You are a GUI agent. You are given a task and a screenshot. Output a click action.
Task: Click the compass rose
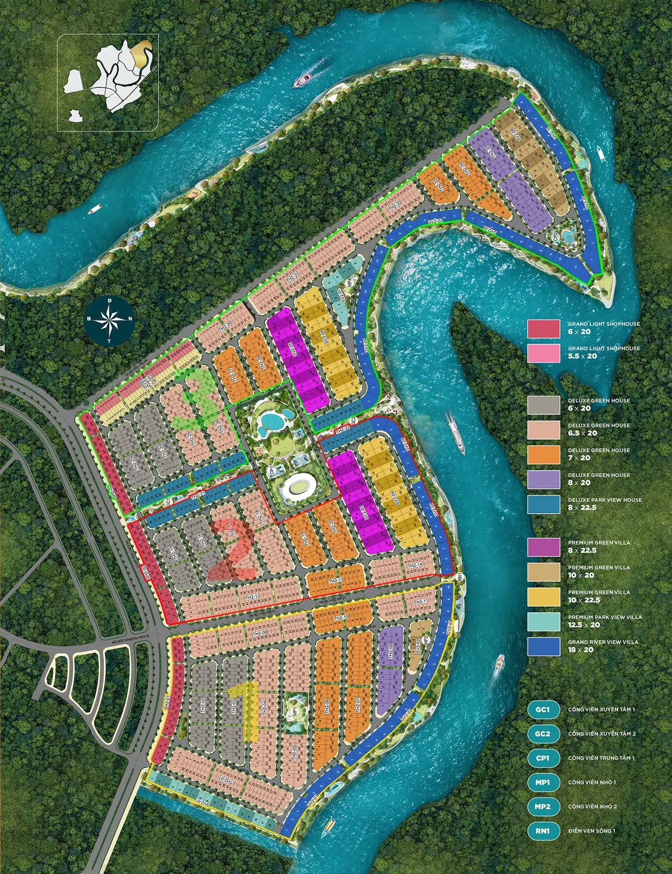pyautogui.click(x=109, y=320)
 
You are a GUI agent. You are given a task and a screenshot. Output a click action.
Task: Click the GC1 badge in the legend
pyautogui.click(x=544, y=709)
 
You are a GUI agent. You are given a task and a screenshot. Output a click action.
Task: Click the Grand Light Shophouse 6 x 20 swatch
pyautogui.click(x=544, y=328)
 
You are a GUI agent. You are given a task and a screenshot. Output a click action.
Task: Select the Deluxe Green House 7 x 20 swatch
pyautogui.click(x=544, y=454)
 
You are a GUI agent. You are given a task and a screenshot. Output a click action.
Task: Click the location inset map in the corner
pyautogui.click(x=108, y=75)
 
